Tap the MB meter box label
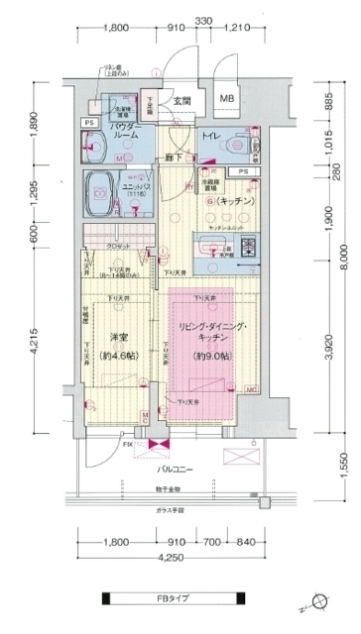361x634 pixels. coord(227,99)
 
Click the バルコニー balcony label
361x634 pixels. coord(180,469)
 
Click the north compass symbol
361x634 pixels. coord(318,598)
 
